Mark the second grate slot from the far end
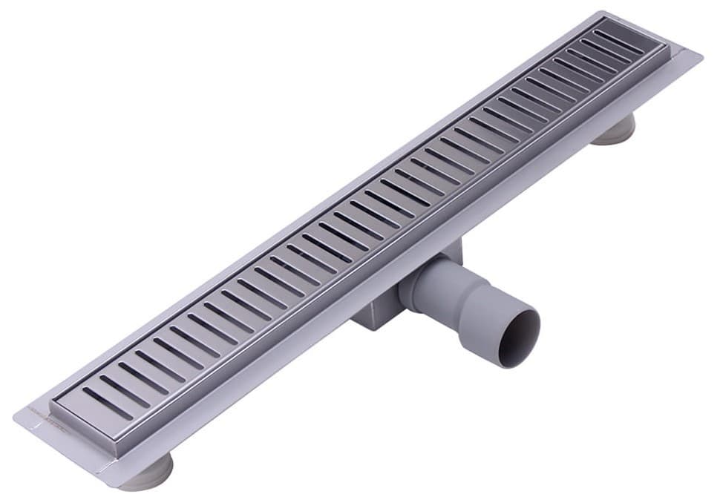point(605,50)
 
